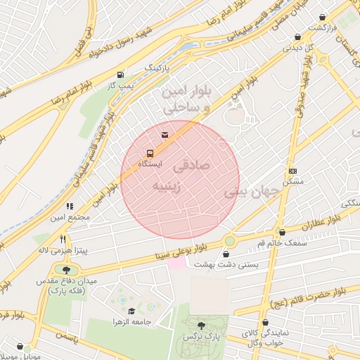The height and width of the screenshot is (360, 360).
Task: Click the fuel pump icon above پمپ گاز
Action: pyautogui.click(x=121, y=75)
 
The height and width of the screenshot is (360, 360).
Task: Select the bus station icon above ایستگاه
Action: pyautogui.click(x=149, y=153)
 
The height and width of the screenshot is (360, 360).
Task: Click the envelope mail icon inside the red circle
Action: pyautogui.click(x=165, y=134)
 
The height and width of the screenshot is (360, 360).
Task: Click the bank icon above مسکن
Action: pyautogui.click(x=292, y=171)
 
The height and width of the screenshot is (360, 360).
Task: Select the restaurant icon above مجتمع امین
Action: pyautogui.click(x=69, y=206)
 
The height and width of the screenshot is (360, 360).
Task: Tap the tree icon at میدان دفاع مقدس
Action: pyautogui.click(x=66, y=269)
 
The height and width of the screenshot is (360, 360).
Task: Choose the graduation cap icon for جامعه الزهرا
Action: pyautogui.click(x=131, y=311)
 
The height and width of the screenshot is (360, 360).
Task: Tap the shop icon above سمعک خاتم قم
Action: pyautogui.click(x=282, y=232)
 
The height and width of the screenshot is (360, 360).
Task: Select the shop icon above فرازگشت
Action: pyautogui.click(x=323, y=17)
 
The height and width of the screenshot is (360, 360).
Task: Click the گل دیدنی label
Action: pyautogui.click(x=294, y=49)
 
